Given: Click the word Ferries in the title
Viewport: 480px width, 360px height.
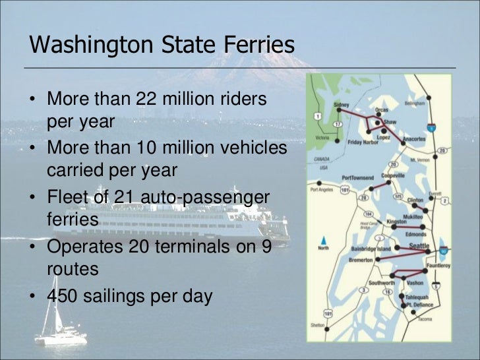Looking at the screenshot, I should tap(256, 44).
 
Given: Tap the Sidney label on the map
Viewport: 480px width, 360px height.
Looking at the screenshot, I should tap(342, 105).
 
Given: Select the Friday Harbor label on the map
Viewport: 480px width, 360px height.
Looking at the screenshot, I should tap(361, 142).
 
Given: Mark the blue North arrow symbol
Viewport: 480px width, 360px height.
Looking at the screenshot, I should tap(323, 241).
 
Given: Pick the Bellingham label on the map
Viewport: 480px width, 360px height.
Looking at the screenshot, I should tap(415, 103).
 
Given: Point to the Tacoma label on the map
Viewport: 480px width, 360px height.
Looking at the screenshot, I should tap(423, 318).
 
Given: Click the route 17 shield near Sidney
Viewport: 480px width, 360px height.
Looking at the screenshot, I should tap(337, 124).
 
